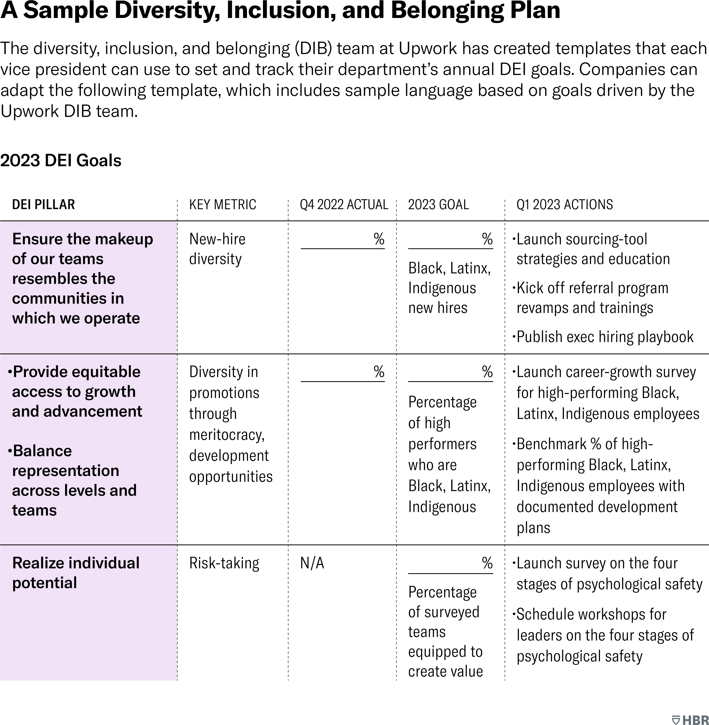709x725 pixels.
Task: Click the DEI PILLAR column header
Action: pyautogui.click(x=43, y=205)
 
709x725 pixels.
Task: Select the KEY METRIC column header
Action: pyautogui.click(x=222, y=205)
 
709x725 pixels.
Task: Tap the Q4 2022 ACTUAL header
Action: pyautogui.click(x=344, y=205)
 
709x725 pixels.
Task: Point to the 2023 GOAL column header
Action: pyautogui.click(x=438, y=205)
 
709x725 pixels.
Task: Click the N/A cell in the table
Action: pyautogui.click(x=312, y=563)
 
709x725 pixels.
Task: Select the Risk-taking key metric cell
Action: pyautogui.click(x=224, y=563)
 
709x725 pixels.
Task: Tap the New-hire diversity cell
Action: pyautogui.click(x=217, y=249)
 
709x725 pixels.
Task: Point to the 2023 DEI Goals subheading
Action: pyautogui.click(x=61, y=161)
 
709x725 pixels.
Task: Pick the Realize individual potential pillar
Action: pyautogui.click(x=76, y=573)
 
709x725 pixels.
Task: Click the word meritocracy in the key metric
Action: pyautogui.click(x=226, y=435)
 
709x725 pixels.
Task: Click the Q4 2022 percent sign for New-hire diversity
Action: pyautogui.click(x=379, y=239)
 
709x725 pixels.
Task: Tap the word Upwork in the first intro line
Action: pyautogui.click(x=427, y=49)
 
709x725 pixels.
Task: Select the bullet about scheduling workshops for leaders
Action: pyautogui.click(x=605, y=635)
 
